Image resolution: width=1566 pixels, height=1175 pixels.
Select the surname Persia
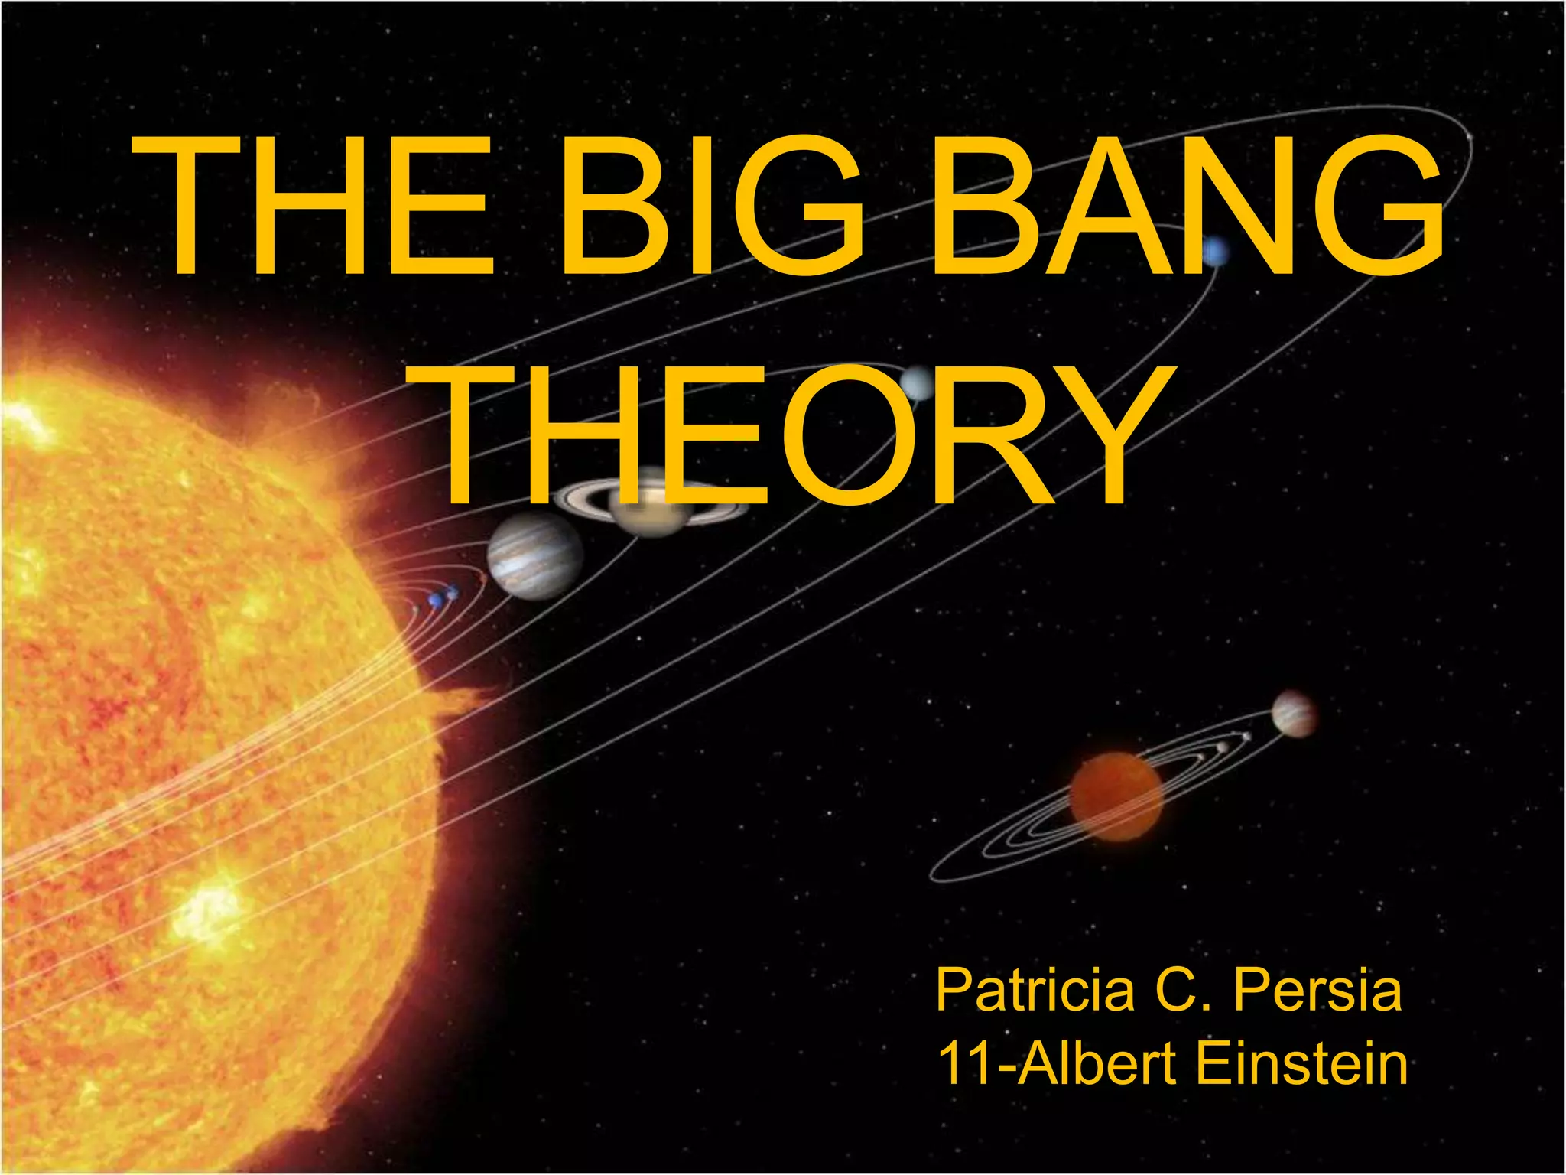point(1318,991)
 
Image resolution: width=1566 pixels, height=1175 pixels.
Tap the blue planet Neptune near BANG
point(1215,252)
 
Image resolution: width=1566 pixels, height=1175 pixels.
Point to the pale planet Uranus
point(917,383)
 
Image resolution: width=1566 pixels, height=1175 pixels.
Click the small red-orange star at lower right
point(1116,796)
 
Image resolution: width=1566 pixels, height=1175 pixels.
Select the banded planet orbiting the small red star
point(1293,713)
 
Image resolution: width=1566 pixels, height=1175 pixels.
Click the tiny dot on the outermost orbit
point(1470,138)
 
